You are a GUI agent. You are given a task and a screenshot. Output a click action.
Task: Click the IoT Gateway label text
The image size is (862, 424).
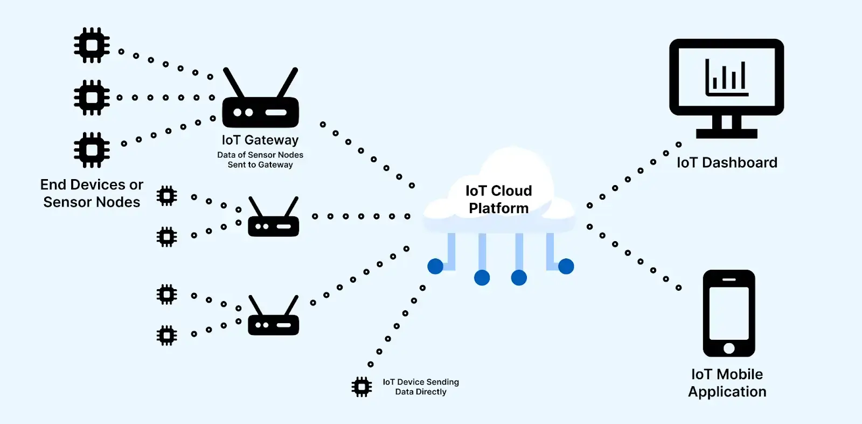(x=260, y=140)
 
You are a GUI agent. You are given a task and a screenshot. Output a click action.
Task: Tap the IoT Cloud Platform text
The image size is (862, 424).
(x=499, y=200)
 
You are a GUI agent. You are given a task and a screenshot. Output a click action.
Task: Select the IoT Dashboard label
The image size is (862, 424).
(x=727, y=162)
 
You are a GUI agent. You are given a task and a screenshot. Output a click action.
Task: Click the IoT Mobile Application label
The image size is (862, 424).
(x=727, y=383)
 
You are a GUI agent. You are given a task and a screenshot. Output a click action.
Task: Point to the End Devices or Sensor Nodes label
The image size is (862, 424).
(x=92, y=193)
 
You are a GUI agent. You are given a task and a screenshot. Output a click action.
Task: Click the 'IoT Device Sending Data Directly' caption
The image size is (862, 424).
(x=421, y=387)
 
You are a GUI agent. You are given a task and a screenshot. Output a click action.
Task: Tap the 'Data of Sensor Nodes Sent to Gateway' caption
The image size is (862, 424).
(x=260, y=160)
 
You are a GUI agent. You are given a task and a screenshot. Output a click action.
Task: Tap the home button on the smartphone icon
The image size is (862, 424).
(x=729, y=348)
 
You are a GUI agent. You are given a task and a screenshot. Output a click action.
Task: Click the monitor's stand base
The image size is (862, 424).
(x=727, y=133)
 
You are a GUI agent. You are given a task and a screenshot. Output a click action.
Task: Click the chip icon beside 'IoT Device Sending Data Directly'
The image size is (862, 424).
(x=362, y=387)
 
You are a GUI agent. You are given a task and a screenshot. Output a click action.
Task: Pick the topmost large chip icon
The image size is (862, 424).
(x=92, y=45)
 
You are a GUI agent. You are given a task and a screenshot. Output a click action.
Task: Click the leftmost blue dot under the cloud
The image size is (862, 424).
(x=435, y=266)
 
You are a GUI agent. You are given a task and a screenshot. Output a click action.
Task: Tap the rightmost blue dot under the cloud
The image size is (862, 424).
(x=566, y=266)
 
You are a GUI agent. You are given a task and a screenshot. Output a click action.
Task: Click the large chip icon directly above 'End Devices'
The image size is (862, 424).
(x=92, y=149)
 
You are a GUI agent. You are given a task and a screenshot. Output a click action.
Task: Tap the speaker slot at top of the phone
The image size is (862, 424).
(x=729, y=279)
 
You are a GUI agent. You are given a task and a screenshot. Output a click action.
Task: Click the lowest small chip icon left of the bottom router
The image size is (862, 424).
(x=166, y=336)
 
